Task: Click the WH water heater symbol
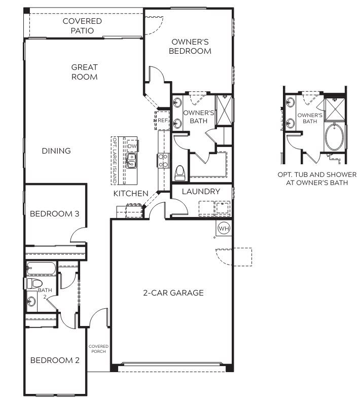tap(224, 228)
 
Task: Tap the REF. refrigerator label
tap(163, 120)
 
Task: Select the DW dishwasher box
tap(132, 146)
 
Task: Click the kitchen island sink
tap(131, 161)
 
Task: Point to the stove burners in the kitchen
tap(163, 161)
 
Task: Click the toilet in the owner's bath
tap(180, 173)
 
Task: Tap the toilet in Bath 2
tap(34, 283)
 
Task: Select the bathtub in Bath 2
tap(41, 268)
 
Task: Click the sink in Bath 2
tap(31, 302)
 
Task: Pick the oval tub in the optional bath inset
tap(334, 137)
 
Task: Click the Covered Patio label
tap(82, 26)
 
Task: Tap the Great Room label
tap(85, 72)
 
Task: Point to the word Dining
tap(56, 151)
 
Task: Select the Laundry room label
tap(201, 191)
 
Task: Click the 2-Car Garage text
tap(173, 293)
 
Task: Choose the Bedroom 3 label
tap(54, 214)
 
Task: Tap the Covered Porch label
tap(98, 349)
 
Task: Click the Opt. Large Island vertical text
tap(115, 160)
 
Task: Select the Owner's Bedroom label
tap(190, 46)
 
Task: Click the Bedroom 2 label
tap(55, 360)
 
